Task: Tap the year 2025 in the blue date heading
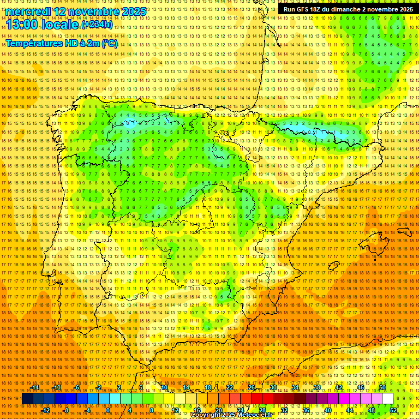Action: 134,11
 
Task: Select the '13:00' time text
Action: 22,24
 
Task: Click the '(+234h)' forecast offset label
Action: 98,25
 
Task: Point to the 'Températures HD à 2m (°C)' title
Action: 62,44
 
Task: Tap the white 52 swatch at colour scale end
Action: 387,399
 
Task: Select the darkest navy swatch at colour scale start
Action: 27,399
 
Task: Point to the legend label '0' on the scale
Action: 108,410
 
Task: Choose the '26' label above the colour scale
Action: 252,388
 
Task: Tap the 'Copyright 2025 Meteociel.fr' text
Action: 231,415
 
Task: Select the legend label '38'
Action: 317,388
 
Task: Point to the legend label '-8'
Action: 67,410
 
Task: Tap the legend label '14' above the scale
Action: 186,388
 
